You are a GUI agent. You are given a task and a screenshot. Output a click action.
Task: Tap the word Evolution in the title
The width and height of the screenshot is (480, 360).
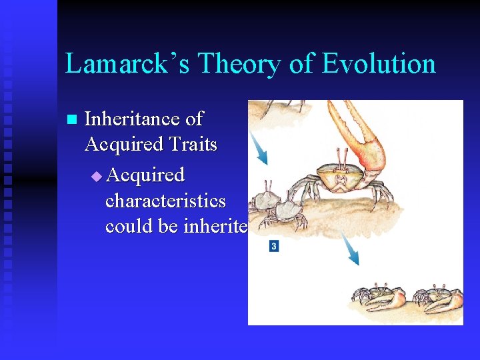(379, 64)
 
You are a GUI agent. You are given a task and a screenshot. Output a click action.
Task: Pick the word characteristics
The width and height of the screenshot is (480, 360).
(165, 201)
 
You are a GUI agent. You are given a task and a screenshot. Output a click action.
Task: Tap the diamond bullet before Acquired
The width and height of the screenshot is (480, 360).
(97, 176)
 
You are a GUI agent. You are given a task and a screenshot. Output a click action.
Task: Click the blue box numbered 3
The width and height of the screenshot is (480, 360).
(273, 247)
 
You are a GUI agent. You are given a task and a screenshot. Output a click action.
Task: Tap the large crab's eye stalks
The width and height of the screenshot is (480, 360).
(341, 157)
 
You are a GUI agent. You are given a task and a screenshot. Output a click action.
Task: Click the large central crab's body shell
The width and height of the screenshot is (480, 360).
(341, 179)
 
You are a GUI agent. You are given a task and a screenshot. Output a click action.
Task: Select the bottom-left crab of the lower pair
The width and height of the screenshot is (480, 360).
(378, 298)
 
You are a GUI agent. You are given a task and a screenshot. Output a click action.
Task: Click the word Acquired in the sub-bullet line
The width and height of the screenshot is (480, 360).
(145, 175)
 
